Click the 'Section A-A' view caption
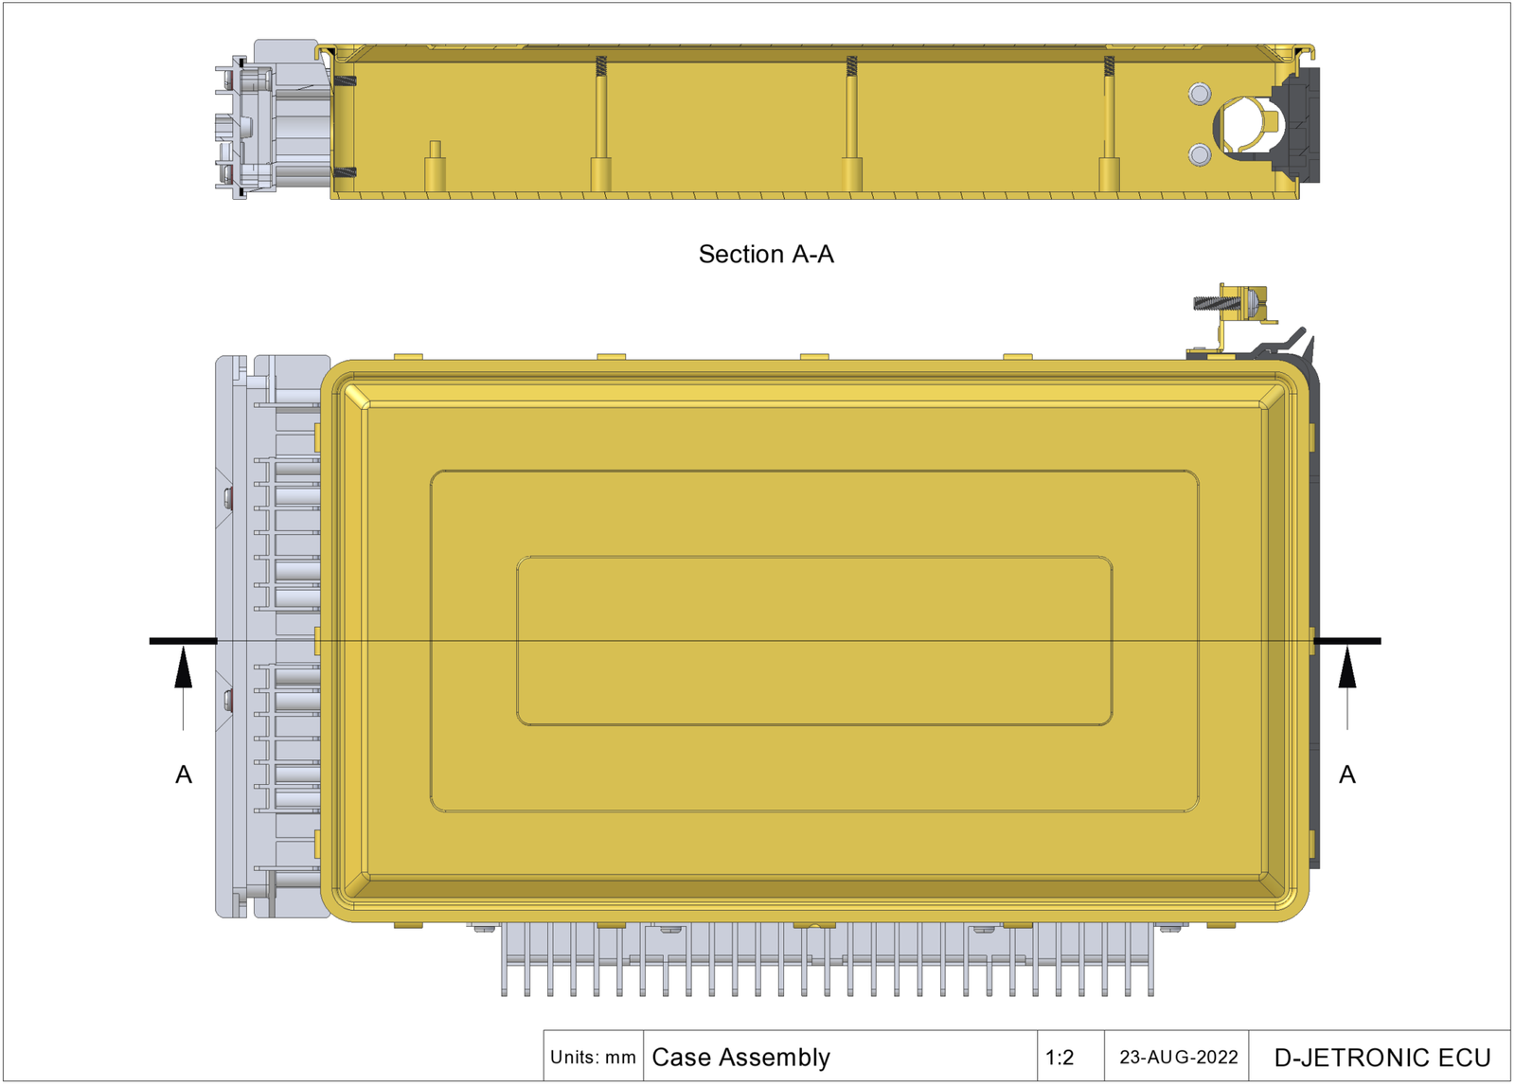pyautogui.click(x=766, y=254)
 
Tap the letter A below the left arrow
pyautogui.click(x=184, y=774)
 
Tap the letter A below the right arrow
pyautogui.click(x=1346, y=774)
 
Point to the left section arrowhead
pyautogui.click(x=184, y=668)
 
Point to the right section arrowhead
pyautogui.click(x=1346, y=668)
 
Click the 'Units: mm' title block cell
pyautogui.click(x=593, y=1057)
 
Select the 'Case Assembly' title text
pyautogui.click(x=740, y=1057)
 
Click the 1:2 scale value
pyautogui.click(x=1060, y=1057)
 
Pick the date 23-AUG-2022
pyautogui.click(x=1178, y=1057)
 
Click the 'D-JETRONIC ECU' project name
pyautogui.click(x=1381, y=1057)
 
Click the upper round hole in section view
pyautogui.click(x=1200, y=94)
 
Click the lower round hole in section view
pyautogui.click(x=1200, y=153)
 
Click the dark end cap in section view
pyautogui.click(x=1301, y=123)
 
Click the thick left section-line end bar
pyautogui.click(x=184, y=641)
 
